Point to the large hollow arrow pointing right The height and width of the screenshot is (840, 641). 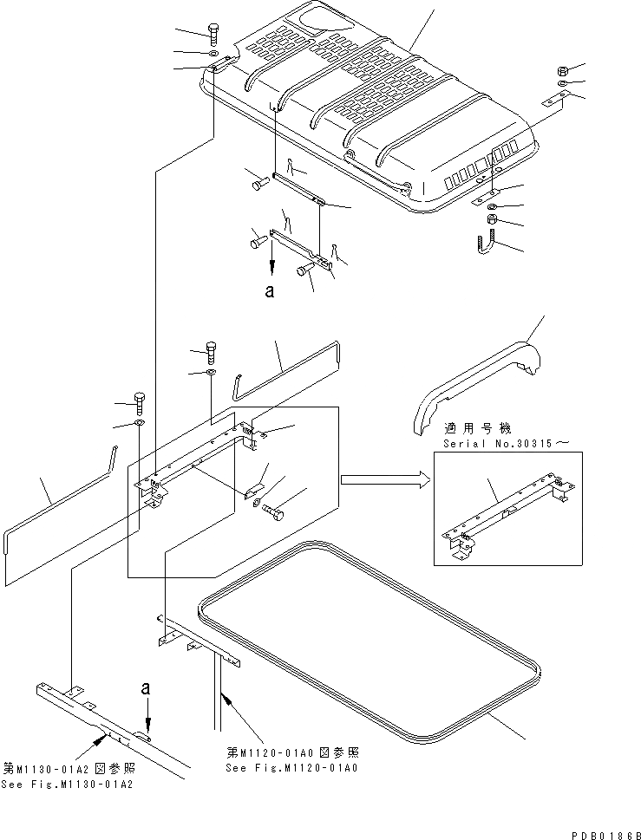[x=384, y=479]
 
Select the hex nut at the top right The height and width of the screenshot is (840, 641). [x=562, y=70]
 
